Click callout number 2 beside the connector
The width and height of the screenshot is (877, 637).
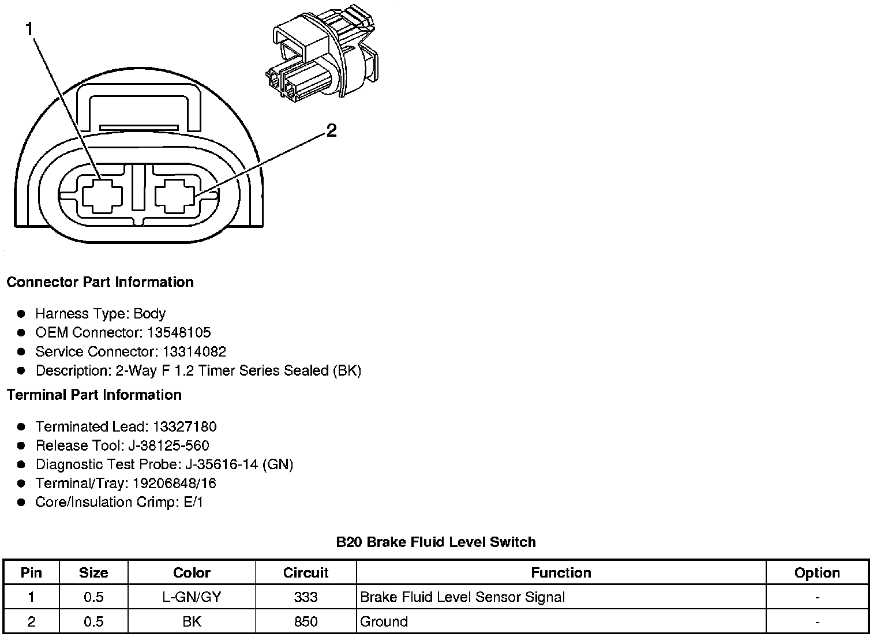pyautogui.click(x=331, y=132)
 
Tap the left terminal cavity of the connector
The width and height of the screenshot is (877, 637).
pyautogui.click(x=103, y=196)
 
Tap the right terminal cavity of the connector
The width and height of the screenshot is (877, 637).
pyautogui.click(x=176, y=196)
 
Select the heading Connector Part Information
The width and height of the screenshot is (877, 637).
pyautogui.click(x=100, y=282)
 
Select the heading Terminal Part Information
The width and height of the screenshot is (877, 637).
pyautogui.click(x=94, y=395)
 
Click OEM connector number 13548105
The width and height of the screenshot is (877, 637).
pyautogui.click(x=179, y=333)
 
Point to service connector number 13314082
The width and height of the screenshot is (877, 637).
pyautogui.click(x=194, y=352)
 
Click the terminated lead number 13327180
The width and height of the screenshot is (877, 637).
pyautogui.click(x=185, y=427)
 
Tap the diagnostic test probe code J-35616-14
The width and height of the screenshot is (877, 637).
pyautogui.click(x=222, y=465)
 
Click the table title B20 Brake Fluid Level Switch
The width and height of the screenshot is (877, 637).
pyautogui.click(x=436, y=542)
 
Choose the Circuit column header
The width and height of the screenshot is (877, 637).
pyautogui.click(x=306, y=573)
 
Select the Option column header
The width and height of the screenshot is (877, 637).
pyautogui.click(x=817, y=573)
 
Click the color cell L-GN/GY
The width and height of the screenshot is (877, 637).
pyautogui.click(x=192, y=597)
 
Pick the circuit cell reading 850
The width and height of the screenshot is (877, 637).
pyautogui.click(x=306, y=622)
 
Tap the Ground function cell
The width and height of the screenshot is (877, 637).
pyautogui.click(x=384, y=622)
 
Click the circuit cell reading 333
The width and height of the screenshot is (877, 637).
pyautogui.click(x=306, y=597)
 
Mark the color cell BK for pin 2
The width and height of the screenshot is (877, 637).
pyautogui.click(x=192, y=622)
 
